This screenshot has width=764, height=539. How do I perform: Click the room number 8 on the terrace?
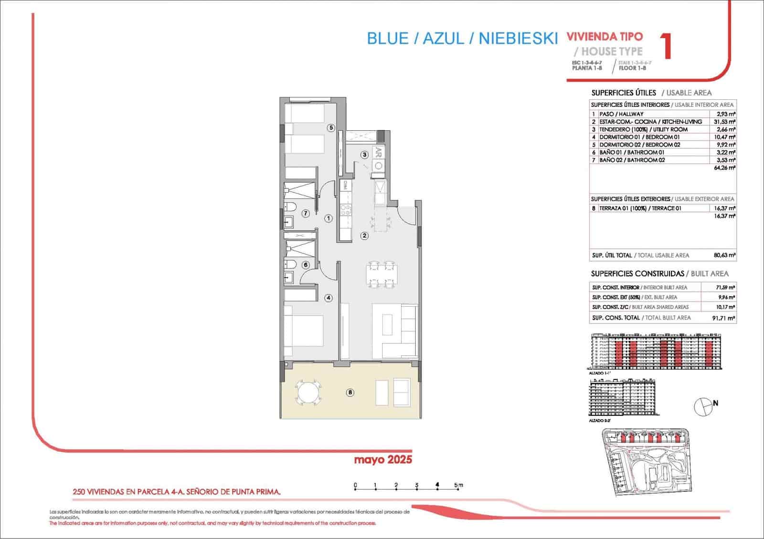point(350,393)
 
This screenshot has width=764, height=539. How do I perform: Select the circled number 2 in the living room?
point(364,235)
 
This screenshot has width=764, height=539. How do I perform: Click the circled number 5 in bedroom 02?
point(330,127)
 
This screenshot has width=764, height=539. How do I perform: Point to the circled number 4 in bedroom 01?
point(329,298)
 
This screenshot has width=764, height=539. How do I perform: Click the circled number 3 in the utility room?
point(364,155)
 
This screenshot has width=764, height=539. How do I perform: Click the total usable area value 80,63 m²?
point(724,255)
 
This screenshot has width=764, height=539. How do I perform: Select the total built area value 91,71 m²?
point(723,318)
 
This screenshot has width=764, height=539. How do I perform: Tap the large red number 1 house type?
point(667,46)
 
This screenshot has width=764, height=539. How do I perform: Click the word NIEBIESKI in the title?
point(518,39)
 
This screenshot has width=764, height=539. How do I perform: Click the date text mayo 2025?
point(382,460)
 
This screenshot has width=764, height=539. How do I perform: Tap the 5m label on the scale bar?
point(459,486)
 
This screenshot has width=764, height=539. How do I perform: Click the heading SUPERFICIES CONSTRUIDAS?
point(637,274)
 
